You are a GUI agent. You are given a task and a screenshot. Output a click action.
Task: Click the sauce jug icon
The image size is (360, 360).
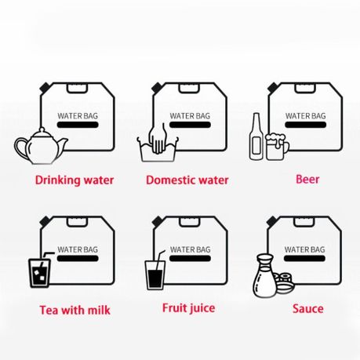[x=265, y=276]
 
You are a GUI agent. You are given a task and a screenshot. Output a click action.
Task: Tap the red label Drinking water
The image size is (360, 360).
[x=75, y=180]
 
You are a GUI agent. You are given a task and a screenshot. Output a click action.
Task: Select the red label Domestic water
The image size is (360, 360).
[x=187, y=180]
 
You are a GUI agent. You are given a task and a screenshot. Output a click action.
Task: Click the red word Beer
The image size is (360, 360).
[x=307, y=179]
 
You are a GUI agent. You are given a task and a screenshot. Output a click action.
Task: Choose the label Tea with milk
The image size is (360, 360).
[x=75, y=310]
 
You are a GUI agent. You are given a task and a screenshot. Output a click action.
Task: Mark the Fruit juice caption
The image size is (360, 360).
[x=188, y=308]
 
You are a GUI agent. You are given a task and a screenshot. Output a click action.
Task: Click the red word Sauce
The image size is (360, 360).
[x=307, y=309]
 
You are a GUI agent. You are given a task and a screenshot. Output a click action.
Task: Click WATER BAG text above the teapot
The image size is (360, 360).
[x=77, y=116]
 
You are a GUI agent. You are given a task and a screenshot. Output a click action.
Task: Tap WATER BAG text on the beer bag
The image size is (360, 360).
[x=305, y=116]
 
